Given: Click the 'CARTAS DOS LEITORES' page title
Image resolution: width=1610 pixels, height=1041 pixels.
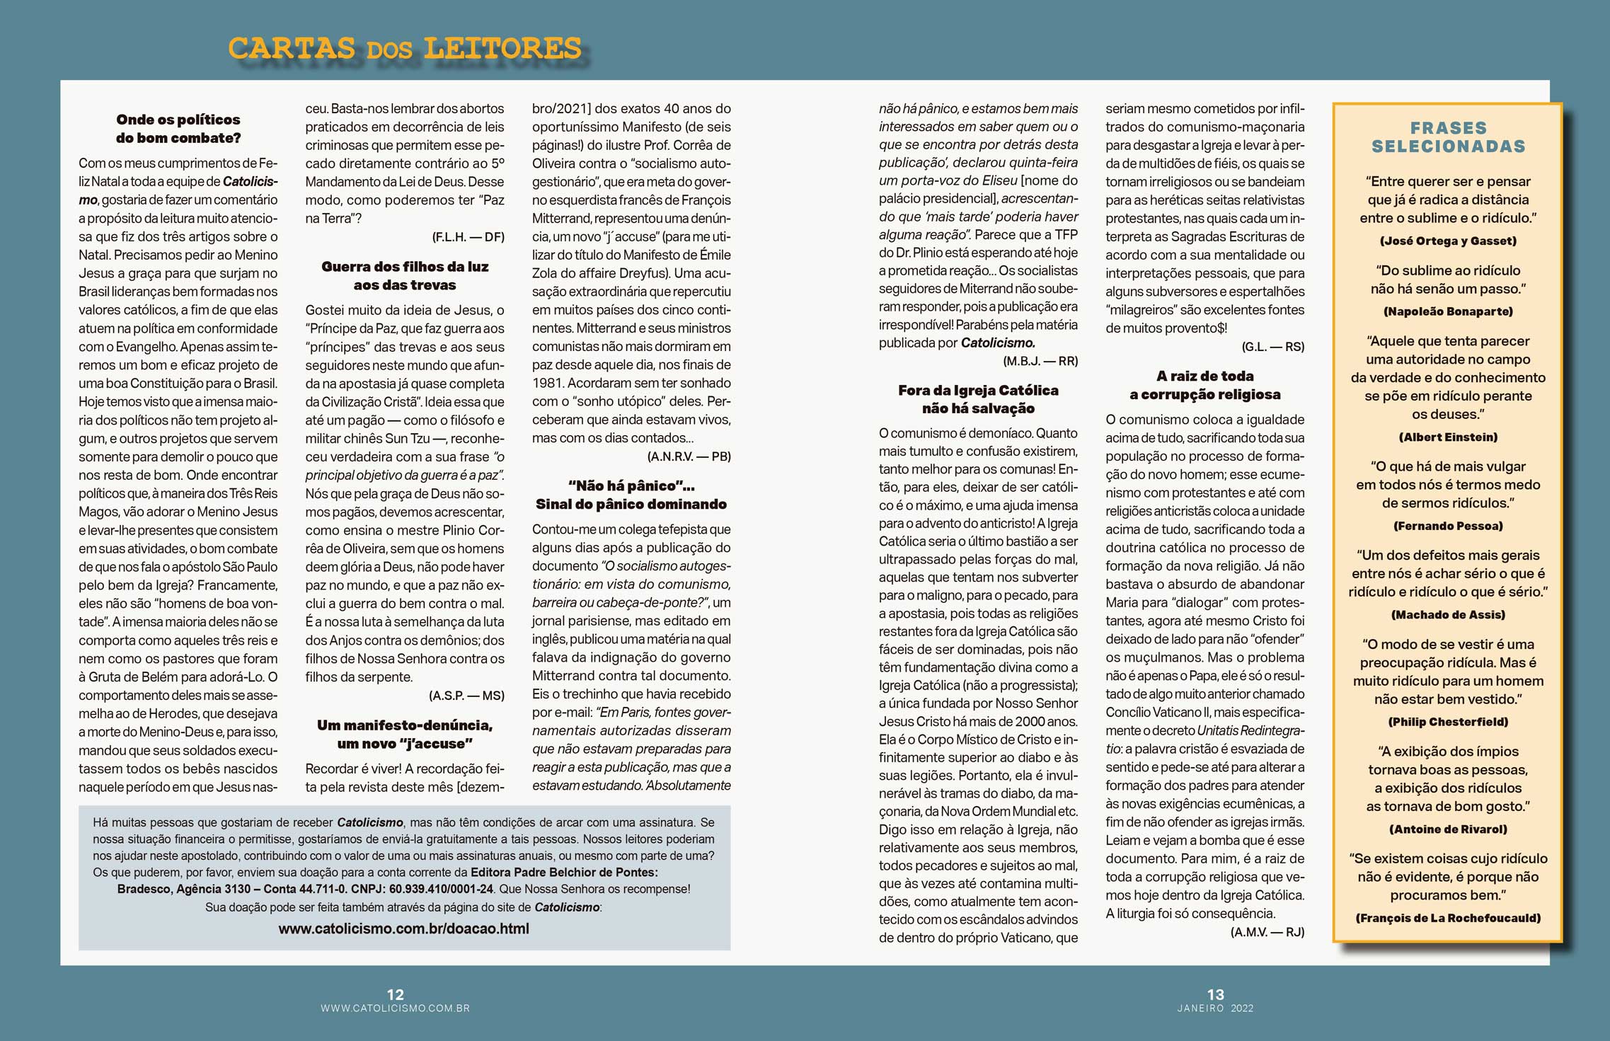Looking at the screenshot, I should click(x=404, y=48).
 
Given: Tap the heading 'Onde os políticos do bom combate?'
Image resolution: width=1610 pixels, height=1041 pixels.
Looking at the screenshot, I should click(x=178, y=129).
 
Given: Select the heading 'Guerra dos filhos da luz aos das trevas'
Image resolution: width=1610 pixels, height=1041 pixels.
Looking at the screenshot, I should click(x=405, y=276).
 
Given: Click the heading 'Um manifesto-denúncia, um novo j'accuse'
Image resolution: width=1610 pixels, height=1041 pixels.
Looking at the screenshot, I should click(x=405, y=735).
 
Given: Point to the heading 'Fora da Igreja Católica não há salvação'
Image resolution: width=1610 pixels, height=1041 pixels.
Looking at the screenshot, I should click(x=978, y=399).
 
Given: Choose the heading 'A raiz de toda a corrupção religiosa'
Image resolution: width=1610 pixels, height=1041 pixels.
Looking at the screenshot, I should click(x=1204, y=385).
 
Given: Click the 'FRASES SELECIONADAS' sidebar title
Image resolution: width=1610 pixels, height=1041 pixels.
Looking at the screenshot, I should click(x=1447, y=137).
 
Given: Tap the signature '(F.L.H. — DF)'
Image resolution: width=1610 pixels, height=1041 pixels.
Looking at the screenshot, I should click(x=468, y=237).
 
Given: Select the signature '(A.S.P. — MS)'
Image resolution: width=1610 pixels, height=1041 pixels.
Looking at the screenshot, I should click(x=466, y=696).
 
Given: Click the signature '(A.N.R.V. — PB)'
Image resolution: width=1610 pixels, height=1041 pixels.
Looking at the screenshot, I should click(x=689, y=456).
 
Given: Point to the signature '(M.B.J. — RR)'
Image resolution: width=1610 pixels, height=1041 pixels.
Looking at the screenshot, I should click(x=1040, y=361).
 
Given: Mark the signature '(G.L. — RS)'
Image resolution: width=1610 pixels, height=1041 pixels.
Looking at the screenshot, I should click(x=1272, y=347).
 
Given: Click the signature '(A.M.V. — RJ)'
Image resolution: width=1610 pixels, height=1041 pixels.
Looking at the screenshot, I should click(x=1267, y=932).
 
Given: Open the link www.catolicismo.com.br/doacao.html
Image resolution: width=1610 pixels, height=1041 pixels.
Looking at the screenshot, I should click(x=403, y=928).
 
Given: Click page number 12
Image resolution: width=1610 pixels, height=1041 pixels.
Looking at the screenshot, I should click(x=395, y=994).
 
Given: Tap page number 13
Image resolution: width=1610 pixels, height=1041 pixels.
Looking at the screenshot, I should click(x=1215, y=994).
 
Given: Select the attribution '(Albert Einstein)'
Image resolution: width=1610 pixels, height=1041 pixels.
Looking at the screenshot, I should click(x=1448, y=437).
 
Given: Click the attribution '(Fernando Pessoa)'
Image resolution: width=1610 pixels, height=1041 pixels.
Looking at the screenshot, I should click(x=1448, y=526).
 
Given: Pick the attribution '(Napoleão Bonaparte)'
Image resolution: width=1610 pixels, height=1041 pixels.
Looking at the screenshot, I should click(x=1448, y=311).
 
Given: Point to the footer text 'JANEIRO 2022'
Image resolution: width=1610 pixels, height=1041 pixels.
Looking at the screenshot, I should click(x=1215, y=1008).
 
